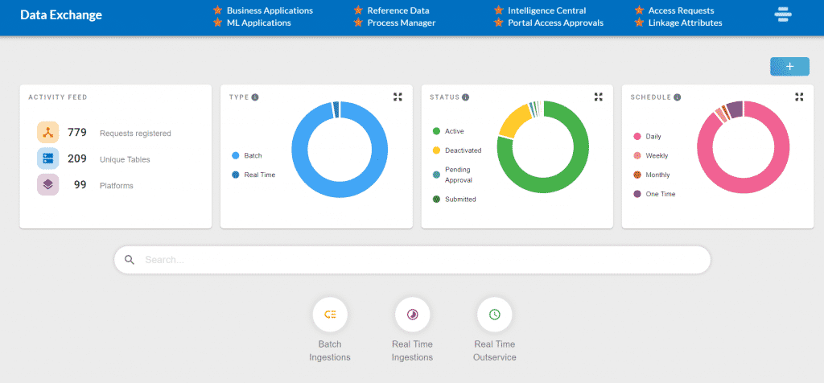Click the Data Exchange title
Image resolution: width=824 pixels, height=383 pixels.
(60, 15)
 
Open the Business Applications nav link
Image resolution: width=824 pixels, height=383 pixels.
(270, 10)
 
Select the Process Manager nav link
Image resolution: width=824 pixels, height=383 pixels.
(401, 23)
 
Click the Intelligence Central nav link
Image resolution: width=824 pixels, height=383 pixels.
(546, 10)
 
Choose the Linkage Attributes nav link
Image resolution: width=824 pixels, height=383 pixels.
(685, 23)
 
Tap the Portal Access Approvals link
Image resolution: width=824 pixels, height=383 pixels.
(555, 23)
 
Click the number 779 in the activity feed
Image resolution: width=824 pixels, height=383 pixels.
(77, 132)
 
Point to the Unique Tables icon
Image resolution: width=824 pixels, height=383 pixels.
(48, 159)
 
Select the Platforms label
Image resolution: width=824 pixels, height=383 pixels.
(117, 186)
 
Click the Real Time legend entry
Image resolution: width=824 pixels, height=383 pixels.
(259, 175)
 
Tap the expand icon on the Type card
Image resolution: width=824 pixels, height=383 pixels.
(398, 97)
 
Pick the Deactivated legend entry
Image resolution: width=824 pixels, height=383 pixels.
(463, 150)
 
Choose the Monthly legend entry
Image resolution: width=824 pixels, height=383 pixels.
(657, 175)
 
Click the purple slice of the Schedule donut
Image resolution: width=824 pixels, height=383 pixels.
(735, 109)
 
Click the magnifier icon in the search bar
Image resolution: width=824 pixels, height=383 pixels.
(130, 260)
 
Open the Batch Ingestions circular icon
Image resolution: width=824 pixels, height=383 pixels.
(330, 315)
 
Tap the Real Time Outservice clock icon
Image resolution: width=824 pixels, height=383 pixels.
(495, 315)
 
